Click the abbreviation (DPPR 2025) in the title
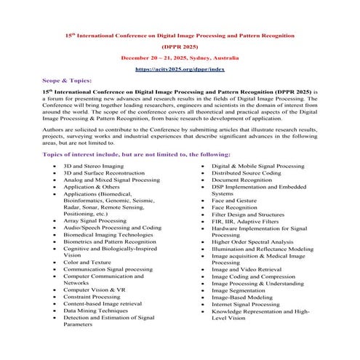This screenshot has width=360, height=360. [x=180, y=44]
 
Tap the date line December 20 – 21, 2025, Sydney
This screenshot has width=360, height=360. [x=180, y=57]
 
